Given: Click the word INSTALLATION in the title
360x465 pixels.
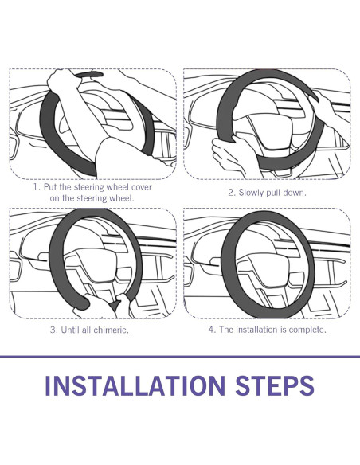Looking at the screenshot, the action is tap(135, 385).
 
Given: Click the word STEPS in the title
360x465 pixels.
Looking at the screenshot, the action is tap(275, 385).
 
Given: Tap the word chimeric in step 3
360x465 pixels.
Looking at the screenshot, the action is tap(112, 330).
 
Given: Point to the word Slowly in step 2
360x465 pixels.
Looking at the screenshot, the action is tap(251, 193).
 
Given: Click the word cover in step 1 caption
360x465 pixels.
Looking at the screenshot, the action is tap(142, 187).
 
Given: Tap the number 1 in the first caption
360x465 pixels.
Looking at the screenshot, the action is tap(36, 187).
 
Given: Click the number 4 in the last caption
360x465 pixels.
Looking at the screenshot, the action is tap(212, 330).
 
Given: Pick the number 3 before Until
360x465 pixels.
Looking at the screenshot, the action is tap(53, 330).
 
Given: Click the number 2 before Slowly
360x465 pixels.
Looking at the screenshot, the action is tap(232, 193).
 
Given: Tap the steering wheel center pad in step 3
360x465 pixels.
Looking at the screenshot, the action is tap(96, 264).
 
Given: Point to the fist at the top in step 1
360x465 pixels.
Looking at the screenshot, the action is tap(62, 81).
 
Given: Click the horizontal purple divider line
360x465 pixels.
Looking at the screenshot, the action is tap(180, 356).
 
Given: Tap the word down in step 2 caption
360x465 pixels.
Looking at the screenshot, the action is tap(294, 193).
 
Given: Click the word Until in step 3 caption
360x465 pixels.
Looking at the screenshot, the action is tap(70, 330).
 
